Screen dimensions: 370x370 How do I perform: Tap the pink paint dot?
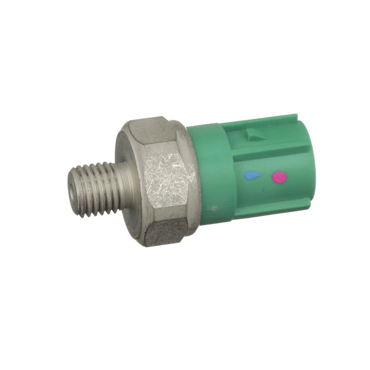point(279,177)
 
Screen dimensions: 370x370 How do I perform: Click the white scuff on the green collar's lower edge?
point(214,208)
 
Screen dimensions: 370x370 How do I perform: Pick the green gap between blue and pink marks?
point(266,177)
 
